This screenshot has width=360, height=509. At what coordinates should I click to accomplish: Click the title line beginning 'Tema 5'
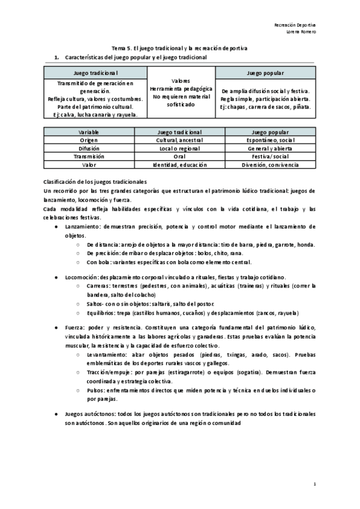tap(180, 48)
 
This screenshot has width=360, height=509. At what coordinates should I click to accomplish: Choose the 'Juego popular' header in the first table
tap(265, 72)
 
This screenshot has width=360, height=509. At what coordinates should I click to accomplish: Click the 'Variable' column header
tap(89, 131)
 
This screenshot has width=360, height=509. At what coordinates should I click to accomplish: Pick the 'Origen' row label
tap(89, 140)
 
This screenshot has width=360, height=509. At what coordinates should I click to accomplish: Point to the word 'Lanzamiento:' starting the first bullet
tap(82, 227)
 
